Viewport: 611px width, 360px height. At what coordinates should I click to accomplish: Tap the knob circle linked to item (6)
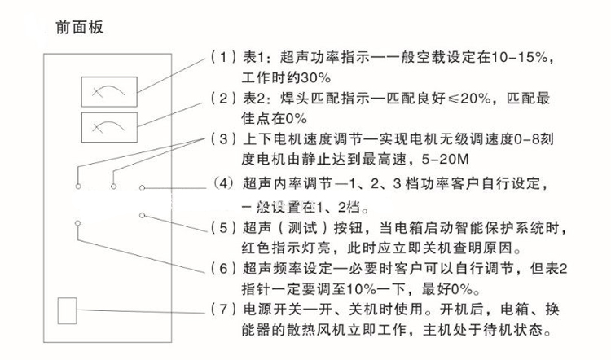pyautogui.click(x=77, y=222)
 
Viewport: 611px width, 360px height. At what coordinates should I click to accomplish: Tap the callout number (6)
pyautogui.click(x=220, y=269)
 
